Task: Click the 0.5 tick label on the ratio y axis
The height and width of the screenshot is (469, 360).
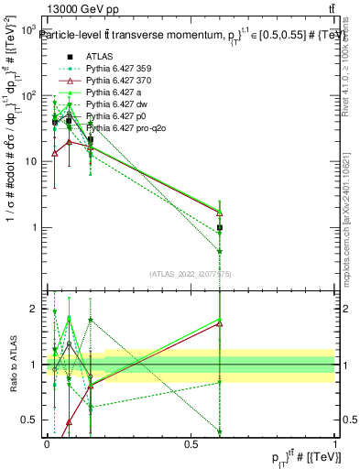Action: (28, 420)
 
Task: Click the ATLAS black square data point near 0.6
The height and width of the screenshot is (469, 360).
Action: (220, 227)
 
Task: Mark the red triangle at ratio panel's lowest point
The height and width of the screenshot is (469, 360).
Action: (70, 422)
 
